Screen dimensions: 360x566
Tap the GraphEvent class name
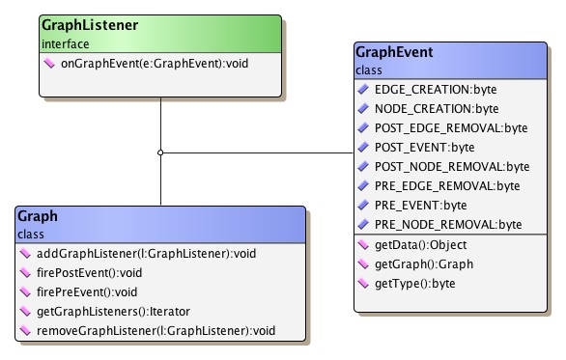click(x=394, y=53)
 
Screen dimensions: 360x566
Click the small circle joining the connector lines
click(x=160, y=152)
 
